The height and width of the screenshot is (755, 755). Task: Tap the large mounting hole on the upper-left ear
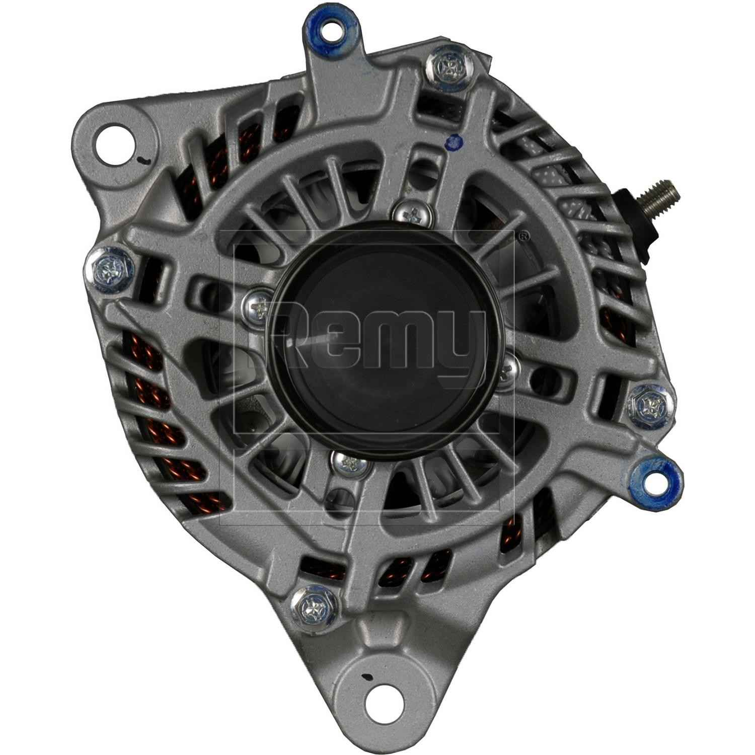pos(116,137)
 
